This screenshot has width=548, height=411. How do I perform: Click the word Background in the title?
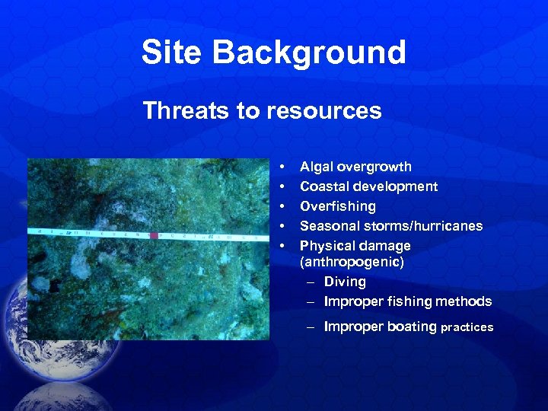309,53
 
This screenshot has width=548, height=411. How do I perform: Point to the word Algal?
317,167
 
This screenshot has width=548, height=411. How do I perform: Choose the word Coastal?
325,186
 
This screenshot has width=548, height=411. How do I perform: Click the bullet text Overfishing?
338,206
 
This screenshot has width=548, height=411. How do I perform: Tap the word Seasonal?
329,226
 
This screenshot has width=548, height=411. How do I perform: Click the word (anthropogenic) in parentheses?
352,261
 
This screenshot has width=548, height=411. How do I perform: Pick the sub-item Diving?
345,282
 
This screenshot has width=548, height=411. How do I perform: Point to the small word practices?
467,328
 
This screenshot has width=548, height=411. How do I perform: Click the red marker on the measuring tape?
155,236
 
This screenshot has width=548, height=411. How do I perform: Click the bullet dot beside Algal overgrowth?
282,167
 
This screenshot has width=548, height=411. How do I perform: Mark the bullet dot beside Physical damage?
282,246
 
